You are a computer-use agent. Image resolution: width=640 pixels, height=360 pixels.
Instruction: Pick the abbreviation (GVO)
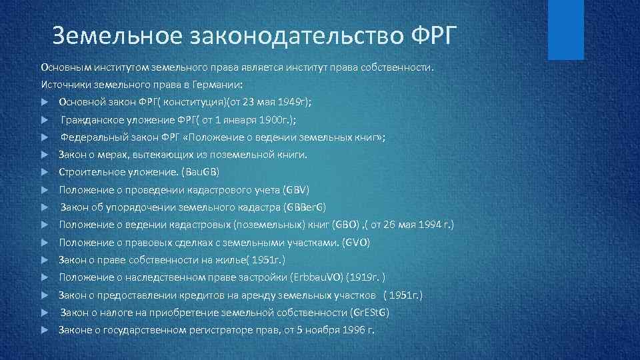[x=355, y=242]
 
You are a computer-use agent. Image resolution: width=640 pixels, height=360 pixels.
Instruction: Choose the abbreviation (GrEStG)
[x=369, y=312]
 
